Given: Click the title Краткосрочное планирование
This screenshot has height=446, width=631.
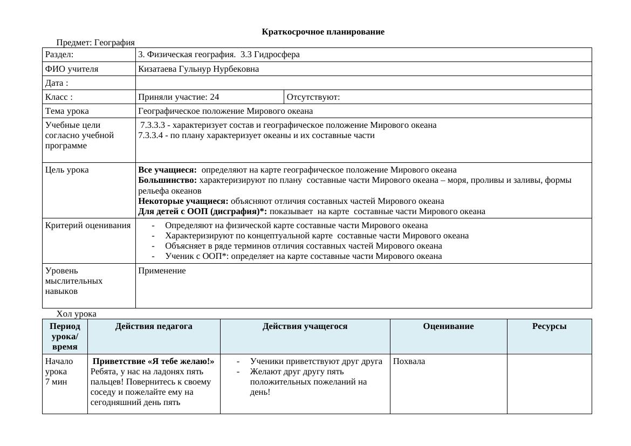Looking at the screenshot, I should pos(323,32).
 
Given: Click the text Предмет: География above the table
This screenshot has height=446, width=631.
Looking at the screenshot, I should pos(95,43).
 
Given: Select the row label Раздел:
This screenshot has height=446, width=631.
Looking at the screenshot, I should pos(59,54).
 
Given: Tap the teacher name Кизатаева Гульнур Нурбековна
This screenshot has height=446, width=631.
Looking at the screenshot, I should pos(198,69).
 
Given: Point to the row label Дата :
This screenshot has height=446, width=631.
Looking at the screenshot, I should pos(57,83).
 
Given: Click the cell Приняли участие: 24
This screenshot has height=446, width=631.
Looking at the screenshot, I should pos(179,97).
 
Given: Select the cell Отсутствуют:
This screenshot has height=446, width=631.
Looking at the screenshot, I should pos(313,97).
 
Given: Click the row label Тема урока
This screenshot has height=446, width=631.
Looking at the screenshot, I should pos(67,111).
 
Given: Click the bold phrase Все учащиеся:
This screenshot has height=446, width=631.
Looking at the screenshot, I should pos(167,170).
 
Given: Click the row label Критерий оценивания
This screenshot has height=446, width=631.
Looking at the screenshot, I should pos(88,225).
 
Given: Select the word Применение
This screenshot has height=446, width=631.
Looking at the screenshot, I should pos(162,271).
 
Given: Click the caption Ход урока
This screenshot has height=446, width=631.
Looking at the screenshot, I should pos(77,314).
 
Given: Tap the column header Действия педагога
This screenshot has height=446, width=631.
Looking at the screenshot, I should pos(154,326).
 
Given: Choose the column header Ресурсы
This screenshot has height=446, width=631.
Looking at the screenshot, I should pos(549,326).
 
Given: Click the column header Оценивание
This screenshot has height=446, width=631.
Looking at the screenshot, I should pos(448,326).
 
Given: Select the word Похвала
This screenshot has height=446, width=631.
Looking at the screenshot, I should pos(409,361).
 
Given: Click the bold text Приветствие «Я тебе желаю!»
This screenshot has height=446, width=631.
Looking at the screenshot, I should pos(154,361).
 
